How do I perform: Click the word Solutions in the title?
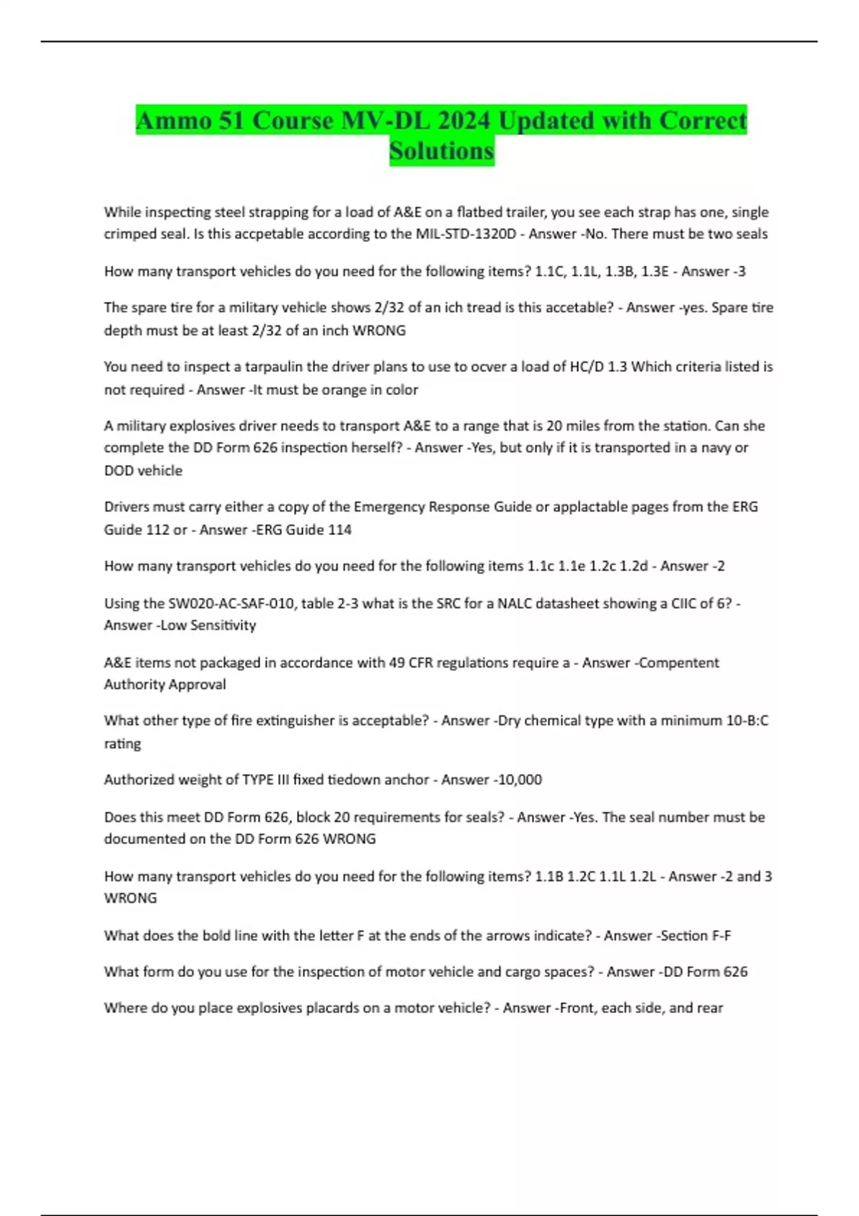pos(442,151)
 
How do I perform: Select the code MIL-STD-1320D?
pos(465,234)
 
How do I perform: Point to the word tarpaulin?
pos(274,367)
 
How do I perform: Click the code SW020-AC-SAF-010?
pos(230,604)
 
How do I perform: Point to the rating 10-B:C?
pos(747,721)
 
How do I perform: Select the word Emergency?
pos(389,507)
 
